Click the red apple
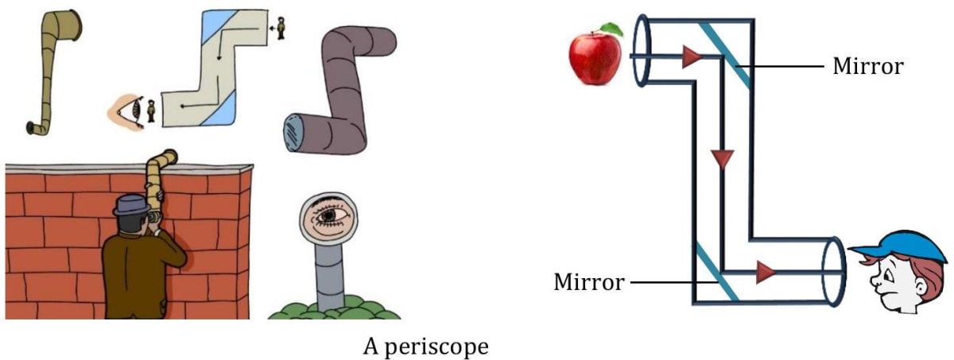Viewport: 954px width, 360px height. pos(595,56)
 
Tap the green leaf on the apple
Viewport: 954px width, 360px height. pos(611,29)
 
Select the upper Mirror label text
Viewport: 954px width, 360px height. pos(867,66)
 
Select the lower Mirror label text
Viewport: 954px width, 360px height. pos(589,281)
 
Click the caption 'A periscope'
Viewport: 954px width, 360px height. pos(426,346)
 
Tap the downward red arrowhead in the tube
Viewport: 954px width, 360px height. pos(722,159)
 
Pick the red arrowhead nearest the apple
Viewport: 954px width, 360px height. pos(692,56)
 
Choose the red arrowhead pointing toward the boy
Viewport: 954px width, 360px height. pos(766,273)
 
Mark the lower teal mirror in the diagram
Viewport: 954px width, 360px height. pos(717,272)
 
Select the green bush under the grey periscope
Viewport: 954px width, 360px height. pos(326,308)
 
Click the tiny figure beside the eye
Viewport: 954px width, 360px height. pos(151,110)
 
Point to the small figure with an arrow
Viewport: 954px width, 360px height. pos(282,29)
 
